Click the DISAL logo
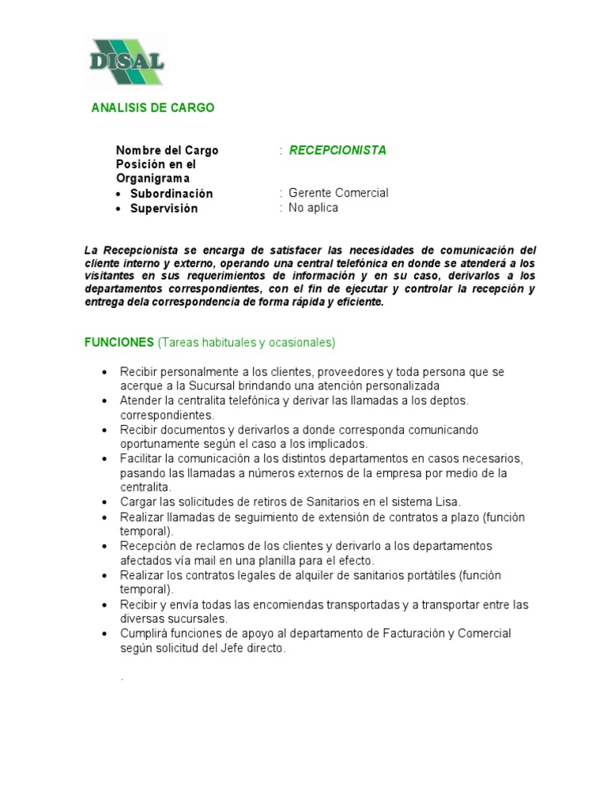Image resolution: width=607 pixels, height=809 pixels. click(126, 62)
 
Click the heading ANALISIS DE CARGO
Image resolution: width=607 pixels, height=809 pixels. click(153, 107)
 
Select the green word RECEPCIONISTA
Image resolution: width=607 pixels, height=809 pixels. click(337, 150)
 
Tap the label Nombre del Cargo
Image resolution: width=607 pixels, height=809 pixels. click(167, 150)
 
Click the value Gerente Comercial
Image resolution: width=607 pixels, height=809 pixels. click(338, 193)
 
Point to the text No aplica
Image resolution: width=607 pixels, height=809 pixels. click(313, 208)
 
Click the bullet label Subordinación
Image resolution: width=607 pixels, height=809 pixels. click(172, 194)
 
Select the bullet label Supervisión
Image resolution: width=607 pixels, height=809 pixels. click(164, 209)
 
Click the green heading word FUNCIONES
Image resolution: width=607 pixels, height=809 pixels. click(119, 342)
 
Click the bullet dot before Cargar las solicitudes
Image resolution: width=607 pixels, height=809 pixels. click(104, 502)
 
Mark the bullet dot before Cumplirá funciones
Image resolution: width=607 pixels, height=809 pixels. click(104, 634)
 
